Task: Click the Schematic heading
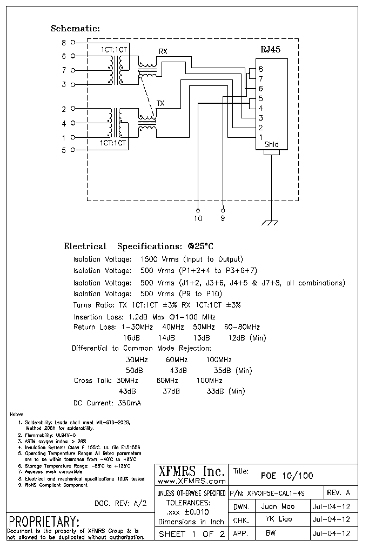coord(75,29)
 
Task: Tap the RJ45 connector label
coord(270,49)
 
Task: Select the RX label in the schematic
coord(162,52)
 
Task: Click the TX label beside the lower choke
coord(160,103)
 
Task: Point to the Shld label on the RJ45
coord(272,144)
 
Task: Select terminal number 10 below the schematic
coord(198,218)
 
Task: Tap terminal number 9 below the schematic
coord(223,218)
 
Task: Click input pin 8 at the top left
coord(64,42)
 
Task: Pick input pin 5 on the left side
coord(64,150)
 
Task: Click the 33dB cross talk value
coord(214,391)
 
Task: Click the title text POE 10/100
coord(286,476)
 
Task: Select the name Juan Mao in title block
coord(277,508)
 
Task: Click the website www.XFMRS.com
coord(191,481)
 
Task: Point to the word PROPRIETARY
coord(44,522)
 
